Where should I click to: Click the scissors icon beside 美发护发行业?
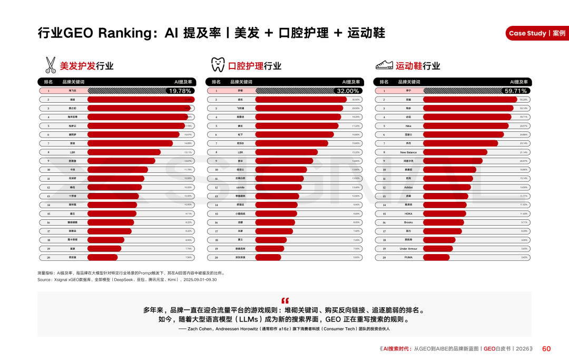click(x=50, y=65)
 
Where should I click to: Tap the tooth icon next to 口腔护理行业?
click(x=218, y=65)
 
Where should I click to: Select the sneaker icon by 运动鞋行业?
click(x=384, y=65)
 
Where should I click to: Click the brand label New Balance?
click(x=408, y=152)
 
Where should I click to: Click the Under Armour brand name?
click(x=408, y=249)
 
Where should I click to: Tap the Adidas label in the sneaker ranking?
click(x=408, y=187)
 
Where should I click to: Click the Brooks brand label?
click(x=408, y=222)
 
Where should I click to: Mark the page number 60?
click(x=546, y=348)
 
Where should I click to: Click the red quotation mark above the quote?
click(x=285, y=301)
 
